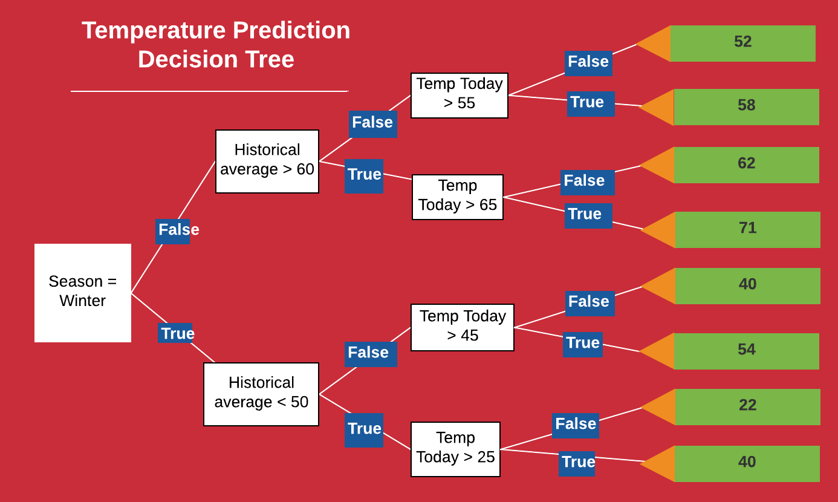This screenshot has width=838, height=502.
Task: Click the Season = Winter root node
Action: click(x=83, y=293)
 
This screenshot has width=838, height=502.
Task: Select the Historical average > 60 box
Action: click(x=267, y=161)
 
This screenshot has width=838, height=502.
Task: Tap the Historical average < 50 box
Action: click(x=261, y=394)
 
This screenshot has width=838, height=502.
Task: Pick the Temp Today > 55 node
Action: click(x=460, y=96)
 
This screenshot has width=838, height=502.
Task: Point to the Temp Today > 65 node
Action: click(x=458, y=197)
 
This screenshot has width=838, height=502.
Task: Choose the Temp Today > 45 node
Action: click(x=463, y=327)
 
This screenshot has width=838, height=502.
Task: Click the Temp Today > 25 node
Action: click(x=456, y=449)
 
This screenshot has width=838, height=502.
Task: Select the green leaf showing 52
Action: click(x=742, y=44)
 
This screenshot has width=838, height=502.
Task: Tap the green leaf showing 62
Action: click(x=746, y=165)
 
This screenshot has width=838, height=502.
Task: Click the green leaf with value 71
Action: click(x=747, y=230)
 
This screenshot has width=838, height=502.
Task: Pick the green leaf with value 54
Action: click(x=746, y=351)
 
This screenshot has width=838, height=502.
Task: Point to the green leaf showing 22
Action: click(x=747, y=407)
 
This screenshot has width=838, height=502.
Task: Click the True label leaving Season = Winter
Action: click(x=176, y=333)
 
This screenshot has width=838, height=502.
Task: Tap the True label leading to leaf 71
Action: click(x=588, y=216)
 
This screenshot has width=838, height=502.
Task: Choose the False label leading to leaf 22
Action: click(x=576, y=426)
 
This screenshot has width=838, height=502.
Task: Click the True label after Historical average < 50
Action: click(x=364, y=430)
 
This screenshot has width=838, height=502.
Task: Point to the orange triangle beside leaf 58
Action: click(x=657, y=107)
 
